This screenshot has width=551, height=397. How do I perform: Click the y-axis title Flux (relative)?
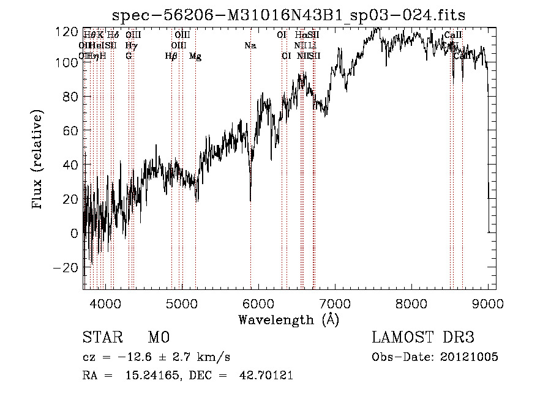point(38,160)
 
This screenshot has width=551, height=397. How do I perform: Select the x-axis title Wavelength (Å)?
point(288,319)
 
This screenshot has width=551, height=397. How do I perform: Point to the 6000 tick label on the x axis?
point(258,303)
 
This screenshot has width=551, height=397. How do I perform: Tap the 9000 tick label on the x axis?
point(487,303)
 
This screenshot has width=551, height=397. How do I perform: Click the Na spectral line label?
point(250,46)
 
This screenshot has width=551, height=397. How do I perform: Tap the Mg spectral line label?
point(195,56)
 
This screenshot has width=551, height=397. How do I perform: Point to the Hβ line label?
point(171,56)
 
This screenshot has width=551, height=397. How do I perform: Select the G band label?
point(129,56)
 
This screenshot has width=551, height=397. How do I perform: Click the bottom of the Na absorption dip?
point(250,199)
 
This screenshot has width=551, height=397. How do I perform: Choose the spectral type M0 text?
point(158,338)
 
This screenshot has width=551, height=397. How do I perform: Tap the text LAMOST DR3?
point(423,338)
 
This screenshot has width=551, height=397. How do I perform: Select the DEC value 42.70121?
point(265,376)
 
